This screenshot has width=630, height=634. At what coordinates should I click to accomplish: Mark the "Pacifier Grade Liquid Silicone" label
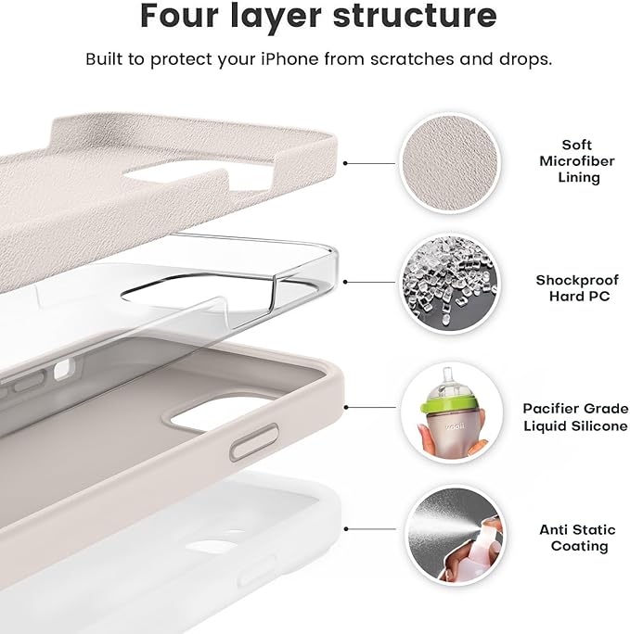pos(575,416)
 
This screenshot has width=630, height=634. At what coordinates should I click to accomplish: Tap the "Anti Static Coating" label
pos(576,538)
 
